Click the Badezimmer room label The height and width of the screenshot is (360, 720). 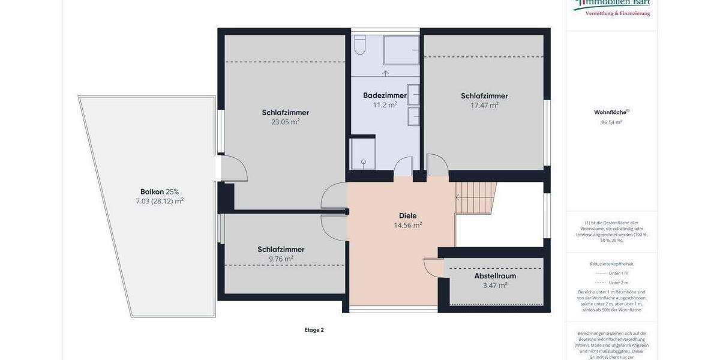tap(385, 95)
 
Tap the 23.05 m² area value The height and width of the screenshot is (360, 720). tap(285, 122)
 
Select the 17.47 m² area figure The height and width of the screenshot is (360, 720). tap(484, 105)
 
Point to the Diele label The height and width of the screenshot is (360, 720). tap(407, 216)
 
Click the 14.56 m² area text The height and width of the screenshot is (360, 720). tap(407, 226)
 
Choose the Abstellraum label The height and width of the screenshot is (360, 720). tap(495, 276)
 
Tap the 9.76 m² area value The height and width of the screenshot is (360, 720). tap(281, 259)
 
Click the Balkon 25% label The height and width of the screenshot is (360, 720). tap(160, 192)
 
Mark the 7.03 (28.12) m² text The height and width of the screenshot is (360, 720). tap(160, 202)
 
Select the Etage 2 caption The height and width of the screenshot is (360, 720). tap(314, 329)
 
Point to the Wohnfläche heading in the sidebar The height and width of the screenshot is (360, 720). tap(611, 112)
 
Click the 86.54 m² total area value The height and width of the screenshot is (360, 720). tap(611, 122)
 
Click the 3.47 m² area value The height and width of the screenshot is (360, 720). tap(495, 286)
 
